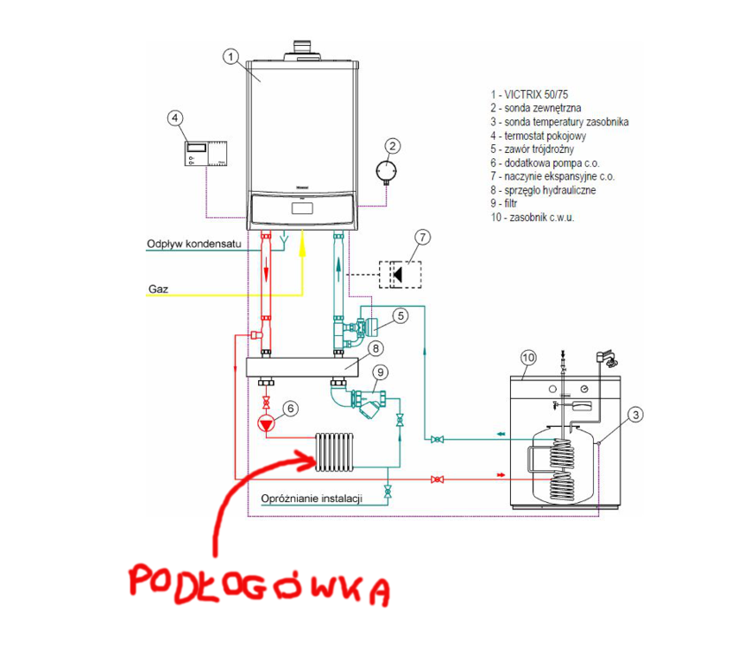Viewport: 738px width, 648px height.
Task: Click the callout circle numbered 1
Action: (x=230, y=56)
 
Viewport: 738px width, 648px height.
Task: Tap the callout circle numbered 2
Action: (x=392, y=146)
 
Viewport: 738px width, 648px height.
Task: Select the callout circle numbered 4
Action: (x=176, y=118)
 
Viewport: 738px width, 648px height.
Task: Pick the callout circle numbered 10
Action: (x=528, y=356)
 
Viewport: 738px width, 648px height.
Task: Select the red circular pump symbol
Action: (x=266, y=422)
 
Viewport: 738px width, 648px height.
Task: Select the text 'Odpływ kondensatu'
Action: (x=192, y=245)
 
